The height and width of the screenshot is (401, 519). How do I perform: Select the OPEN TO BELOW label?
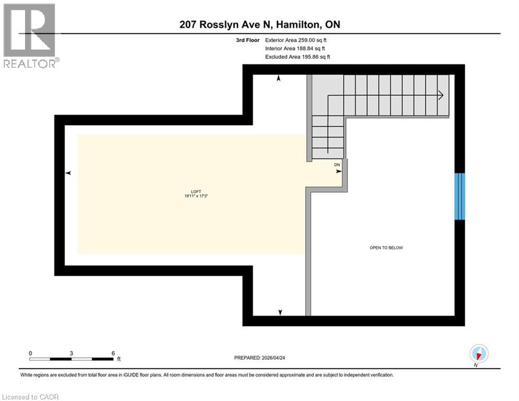point(386,247)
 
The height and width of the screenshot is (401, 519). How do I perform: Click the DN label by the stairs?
point(337,164)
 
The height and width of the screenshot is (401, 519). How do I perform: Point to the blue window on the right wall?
point(460,196)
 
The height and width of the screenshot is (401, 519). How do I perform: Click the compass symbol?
point(478,355)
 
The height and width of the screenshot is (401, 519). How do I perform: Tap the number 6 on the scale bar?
point(113,353)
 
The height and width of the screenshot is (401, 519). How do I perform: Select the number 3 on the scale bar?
point(71,353)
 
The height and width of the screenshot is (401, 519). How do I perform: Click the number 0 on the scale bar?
point(30,353)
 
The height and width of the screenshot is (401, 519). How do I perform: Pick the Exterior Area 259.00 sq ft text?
point(296,40)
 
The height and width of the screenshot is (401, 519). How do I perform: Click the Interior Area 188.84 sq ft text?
point(296,48)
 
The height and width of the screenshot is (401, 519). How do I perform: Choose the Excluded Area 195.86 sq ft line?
point(297,56)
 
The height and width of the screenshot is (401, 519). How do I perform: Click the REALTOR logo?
point(30,36)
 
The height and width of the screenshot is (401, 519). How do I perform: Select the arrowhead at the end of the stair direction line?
point(441,96)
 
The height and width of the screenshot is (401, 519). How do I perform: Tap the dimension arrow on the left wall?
point(68,173)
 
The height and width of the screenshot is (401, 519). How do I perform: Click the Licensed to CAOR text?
point(31,397)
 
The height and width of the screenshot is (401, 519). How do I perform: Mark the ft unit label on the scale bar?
point(119,359)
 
